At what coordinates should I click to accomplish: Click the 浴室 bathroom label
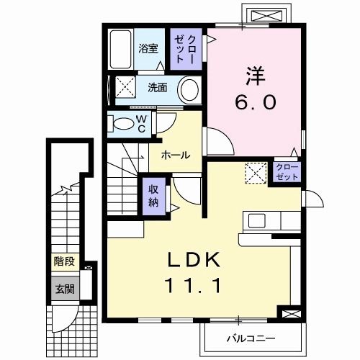click(x=148, y=51)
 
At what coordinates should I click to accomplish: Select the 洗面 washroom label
click(x=158, y=88)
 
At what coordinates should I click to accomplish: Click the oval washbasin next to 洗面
click(x=189, y=91)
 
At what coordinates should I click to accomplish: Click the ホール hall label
click(x=175, y=156)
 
